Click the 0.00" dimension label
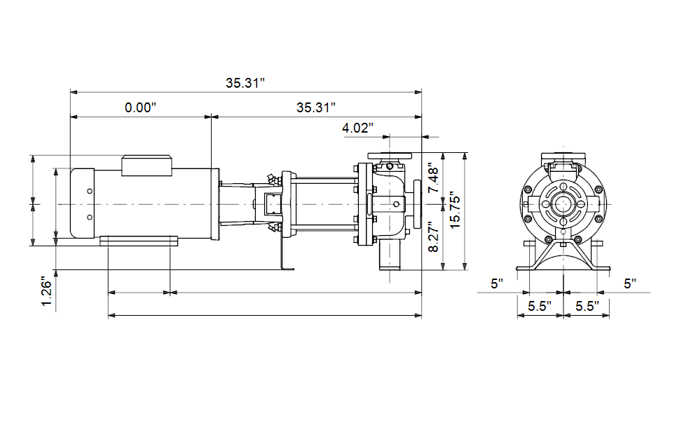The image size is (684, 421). coord(140,107)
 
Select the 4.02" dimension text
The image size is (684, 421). coord(357,128)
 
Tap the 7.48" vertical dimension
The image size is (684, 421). coord(434,178)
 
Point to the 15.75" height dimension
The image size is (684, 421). coord(455,210)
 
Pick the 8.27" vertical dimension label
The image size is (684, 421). coord(434,236)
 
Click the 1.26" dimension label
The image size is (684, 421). coord(47,291)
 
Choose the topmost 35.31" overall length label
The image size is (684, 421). coord(245,83)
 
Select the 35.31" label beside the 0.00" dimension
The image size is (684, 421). coord(316,107)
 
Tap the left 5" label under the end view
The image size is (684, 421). coord(497,284)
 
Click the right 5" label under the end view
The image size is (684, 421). coord(630,284)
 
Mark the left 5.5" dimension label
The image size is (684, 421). coord(540,306)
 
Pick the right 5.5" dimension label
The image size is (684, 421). coord(587,306)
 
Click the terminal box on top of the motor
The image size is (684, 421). coord(146,166)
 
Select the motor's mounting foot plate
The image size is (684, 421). coord(139,241)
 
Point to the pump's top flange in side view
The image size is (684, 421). coord(390,156)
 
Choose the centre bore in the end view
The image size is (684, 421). coord(563,204)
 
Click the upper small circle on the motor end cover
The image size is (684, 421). coord(90,192)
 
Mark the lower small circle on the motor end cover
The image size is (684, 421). coord(90,218)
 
